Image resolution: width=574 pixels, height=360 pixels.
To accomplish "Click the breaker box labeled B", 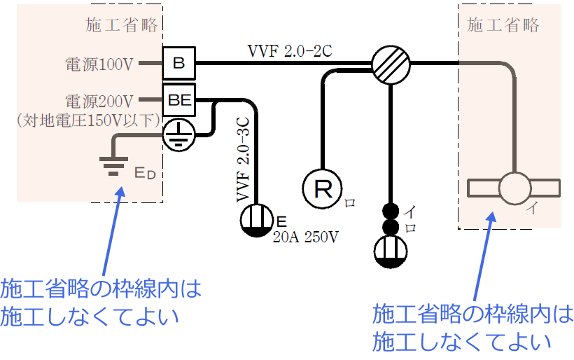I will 178,64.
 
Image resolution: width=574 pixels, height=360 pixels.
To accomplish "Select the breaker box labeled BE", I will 179,100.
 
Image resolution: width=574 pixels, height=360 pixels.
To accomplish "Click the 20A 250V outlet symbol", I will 257,221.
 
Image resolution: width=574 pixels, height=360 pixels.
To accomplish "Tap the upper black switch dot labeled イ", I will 390,211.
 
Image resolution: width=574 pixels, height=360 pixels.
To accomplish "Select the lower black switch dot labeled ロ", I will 390,227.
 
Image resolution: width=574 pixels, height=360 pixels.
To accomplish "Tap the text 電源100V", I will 99,64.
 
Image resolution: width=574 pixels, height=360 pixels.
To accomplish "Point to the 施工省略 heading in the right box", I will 503,25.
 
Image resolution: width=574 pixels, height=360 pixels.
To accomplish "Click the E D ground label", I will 146,172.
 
